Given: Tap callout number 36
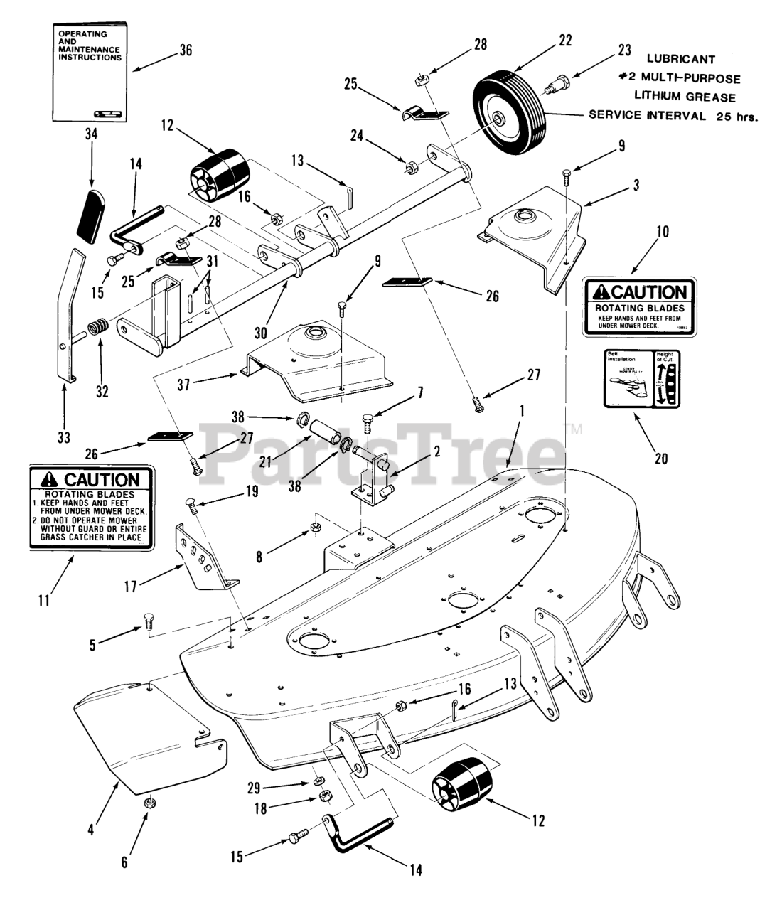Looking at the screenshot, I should [x=186, y=50].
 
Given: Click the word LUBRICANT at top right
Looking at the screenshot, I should [x=681, y=60].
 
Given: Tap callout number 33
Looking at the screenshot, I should [x=64, y=437].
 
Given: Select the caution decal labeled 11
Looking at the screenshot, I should [x=92, y=507].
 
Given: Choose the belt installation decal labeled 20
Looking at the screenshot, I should [x=641, y=378].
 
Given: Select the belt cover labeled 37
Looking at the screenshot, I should [x=320, y=355].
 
